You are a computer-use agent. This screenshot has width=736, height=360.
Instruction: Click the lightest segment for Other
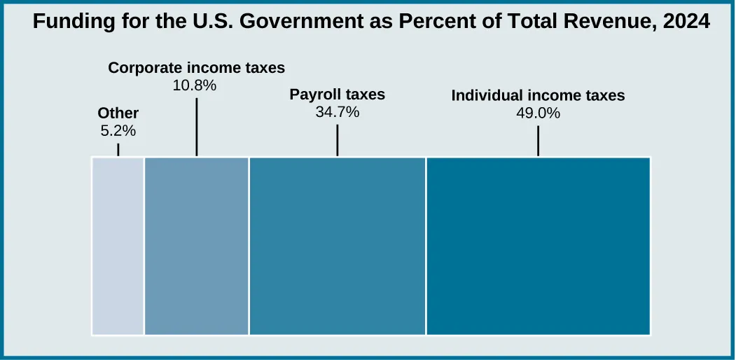tap(118, 246)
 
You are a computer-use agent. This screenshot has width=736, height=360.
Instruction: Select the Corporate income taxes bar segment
tap(197, 246)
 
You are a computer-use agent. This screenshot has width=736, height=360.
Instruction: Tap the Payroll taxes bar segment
tap(338, 246)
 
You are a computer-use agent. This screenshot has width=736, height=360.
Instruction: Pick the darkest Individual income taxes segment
tap(538, 246)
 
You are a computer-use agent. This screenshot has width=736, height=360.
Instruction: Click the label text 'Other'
tap(118, 113)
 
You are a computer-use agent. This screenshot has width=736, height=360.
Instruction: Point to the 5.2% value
tap(118, 130)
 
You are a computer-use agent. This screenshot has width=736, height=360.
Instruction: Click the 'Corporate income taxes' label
tap(197, 68)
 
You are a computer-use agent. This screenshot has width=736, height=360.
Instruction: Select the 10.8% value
tap(195, 85)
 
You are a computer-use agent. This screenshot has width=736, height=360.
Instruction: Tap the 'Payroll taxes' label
tap(338, 95)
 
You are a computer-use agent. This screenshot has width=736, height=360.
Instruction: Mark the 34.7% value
tap(338, 111)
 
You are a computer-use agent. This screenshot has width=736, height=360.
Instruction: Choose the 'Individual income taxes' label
tap(538, 96)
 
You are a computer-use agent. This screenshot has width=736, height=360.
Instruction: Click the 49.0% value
tap(538, 113)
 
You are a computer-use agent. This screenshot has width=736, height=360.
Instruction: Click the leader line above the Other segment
tap(118, 149)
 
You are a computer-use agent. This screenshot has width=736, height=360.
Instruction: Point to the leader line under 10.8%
tap(197, 126)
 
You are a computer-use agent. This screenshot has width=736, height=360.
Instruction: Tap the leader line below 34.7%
tap(338, 140)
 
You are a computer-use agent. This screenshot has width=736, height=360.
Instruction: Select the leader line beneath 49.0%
tap(538, 141)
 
